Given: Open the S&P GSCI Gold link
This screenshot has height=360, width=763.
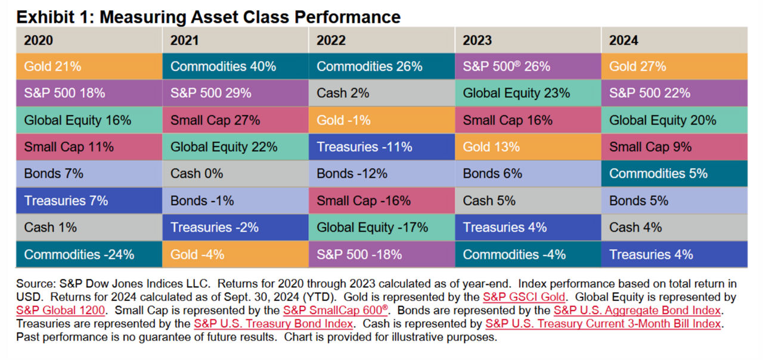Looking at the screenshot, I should [x=523, y=297].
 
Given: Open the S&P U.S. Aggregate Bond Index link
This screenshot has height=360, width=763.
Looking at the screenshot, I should [x=637, y=310].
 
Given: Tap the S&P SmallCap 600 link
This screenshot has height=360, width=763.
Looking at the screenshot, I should [x=335, y=310].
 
